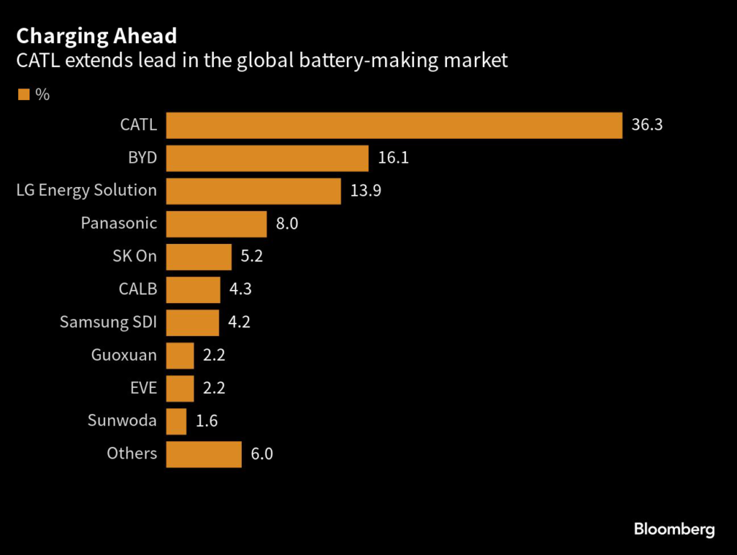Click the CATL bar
(394, 125)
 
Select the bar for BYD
(267, 158)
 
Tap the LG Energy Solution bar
(253, 191)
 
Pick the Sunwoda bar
(176, 421)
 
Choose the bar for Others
(204, 454)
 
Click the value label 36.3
(646, 125)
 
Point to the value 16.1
(393, 158)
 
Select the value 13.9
(365, 191)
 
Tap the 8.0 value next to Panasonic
(286, 224)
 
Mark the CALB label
(137, 289)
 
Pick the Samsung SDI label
(108, 322)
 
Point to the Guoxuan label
(124, 355)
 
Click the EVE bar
(180, 388)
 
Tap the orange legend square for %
(24, 94)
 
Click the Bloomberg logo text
(674, 529)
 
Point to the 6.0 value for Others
(262, 454)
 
